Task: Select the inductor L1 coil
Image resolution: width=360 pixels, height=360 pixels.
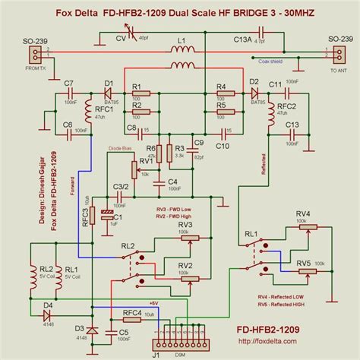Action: [180, 50]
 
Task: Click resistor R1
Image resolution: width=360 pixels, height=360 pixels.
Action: [141, 95]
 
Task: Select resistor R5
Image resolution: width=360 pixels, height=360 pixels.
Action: [223, 112]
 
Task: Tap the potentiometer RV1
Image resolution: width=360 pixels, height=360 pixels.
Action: [133, 169]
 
